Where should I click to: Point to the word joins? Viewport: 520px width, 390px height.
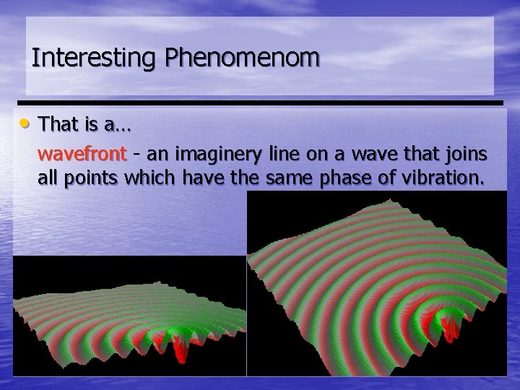[467, 154]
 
